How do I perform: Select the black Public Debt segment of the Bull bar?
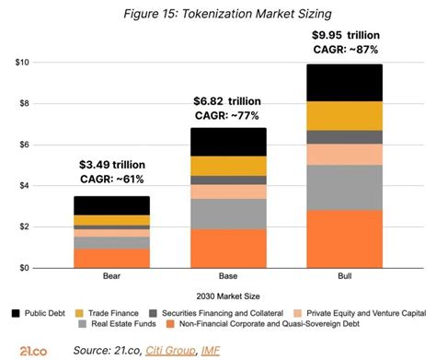click(345, 82)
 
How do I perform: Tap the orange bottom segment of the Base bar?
click(229, 248)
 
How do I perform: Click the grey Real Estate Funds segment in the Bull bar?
click(345, 187)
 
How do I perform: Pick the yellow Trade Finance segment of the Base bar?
click(229, 166)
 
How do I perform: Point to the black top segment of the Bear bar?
click(112, 205)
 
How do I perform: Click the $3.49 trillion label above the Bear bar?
click(111, 165)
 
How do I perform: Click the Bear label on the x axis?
click(112, 276)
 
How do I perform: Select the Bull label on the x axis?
click(345, 276)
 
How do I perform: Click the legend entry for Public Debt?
click(42, 312)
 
